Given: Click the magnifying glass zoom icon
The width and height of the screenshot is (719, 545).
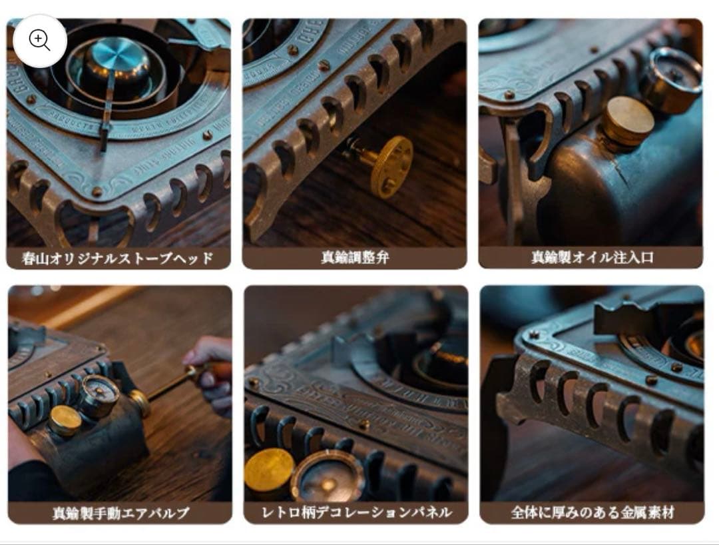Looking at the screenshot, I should click(39, 41).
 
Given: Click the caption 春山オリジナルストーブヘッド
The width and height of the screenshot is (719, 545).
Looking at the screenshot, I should click(118, 258).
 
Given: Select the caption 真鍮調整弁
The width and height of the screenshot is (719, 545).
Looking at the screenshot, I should click(355, 258).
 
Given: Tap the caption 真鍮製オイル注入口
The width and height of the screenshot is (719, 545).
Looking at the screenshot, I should click(592, 258).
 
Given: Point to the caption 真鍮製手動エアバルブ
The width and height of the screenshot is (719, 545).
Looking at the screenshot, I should click(120, 513).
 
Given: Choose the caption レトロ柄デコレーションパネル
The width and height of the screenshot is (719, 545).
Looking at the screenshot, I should click(356, 512).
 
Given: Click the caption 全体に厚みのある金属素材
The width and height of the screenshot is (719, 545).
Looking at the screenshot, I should click(592, 512).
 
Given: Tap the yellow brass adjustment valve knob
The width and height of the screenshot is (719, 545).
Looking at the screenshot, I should click(391, 167).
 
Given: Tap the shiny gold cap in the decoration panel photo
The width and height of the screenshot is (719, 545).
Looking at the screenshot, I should click(269, 470).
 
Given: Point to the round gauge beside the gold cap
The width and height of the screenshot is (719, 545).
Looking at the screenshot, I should click(326, 474).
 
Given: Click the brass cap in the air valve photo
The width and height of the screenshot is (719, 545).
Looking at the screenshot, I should click(66, 420).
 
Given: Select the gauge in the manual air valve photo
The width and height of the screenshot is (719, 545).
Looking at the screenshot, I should click(99, 396).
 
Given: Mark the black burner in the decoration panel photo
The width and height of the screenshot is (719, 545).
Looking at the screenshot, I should click(443, 360).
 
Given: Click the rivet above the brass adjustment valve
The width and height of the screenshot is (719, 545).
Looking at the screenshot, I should click(324, 65).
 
